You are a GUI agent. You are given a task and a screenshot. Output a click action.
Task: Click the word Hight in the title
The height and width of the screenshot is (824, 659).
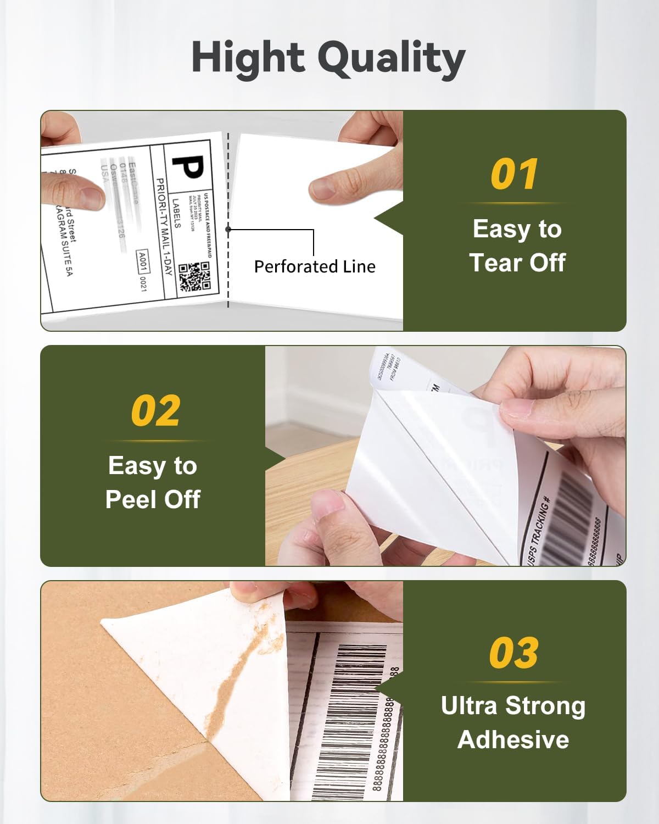coord(248,58)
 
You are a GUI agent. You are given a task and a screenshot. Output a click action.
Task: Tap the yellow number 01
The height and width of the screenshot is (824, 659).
coord(514,175)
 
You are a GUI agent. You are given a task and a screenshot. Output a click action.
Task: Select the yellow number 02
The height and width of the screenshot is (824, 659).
coord(155,411)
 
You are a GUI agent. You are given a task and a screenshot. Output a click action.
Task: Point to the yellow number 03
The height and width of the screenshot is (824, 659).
coord(514,653)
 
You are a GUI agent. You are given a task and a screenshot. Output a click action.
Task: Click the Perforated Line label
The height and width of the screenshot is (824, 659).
coord(315,266)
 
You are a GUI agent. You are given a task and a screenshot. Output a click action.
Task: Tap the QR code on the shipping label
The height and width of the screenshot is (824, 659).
coord(194,276)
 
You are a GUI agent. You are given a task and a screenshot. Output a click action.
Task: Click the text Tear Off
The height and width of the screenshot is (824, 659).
coord(517,263)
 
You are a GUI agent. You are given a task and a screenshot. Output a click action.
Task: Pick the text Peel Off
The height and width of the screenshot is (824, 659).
coord(153,499)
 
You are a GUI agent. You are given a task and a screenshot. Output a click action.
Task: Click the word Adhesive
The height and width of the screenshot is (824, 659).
coord(513,739)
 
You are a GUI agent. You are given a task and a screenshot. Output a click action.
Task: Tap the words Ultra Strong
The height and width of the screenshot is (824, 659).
coord(513,706)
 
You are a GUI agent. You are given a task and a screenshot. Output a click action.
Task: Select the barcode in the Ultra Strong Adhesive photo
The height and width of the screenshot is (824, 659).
coord(351,714)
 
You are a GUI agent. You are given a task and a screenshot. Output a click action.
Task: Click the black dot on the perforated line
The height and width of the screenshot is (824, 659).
coord(228,230)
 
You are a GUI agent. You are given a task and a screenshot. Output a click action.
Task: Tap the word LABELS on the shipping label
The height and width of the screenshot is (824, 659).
coord(176,213)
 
